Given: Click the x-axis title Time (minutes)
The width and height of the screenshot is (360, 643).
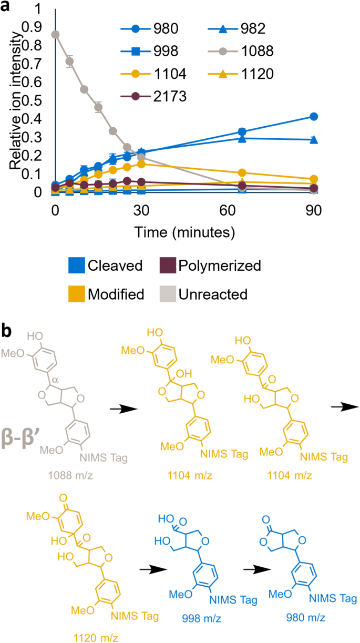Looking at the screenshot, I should click(x=184, y=231).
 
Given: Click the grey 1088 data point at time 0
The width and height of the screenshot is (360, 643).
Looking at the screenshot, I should click(x=55, y=35).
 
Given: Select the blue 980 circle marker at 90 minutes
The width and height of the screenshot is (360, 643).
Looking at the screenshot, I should click(x=314, y=116).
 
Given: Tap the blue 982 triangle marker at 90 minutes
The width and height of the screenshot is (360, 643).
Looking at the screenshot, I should click(x=314, y=140).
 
